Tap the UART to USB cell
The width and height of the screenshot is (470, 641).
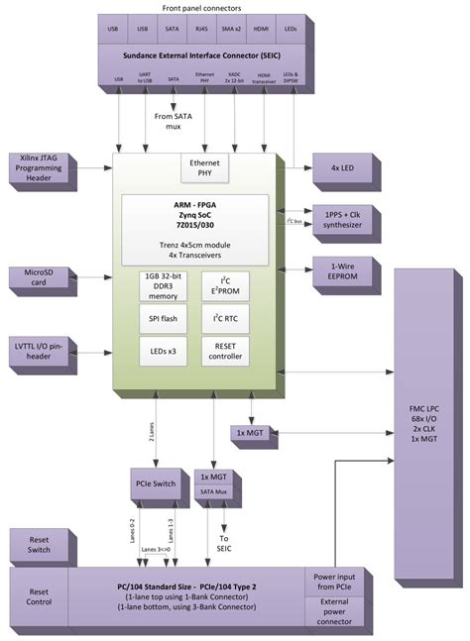(x=145, y=76)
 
